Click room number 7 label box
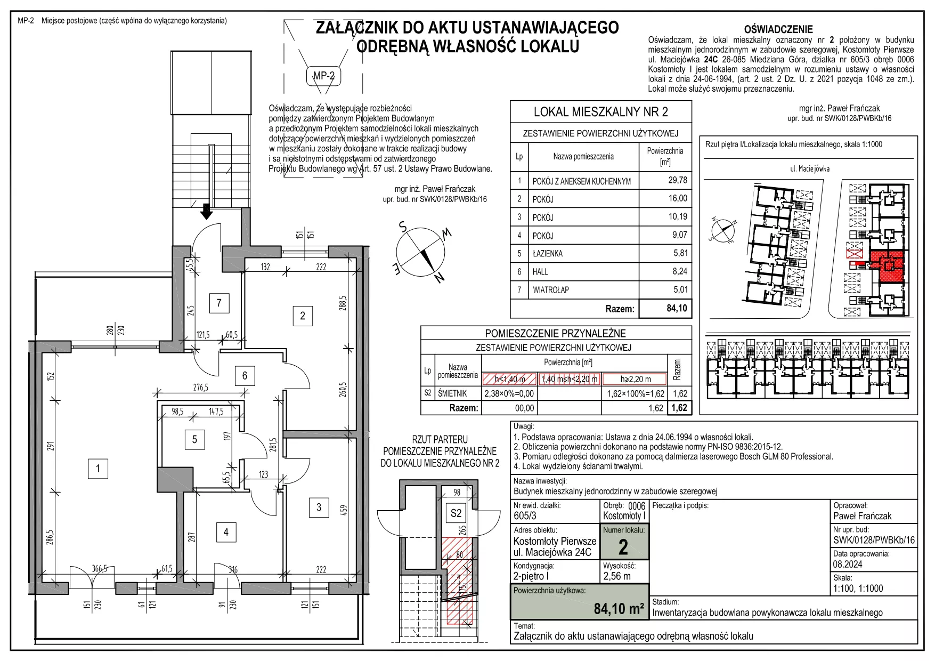(x=219, y=303)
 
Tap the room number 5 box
(x=194, y=439)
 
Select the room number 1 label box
(x=98, y=469)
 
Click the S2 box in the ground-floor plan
(x=456, y=513)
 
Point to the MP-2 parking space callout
(x=323, y=76)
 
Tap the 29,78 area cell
(x=678, y=180)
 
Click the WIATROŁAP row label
(x=551, y=290)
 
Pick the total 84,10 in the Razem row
(x=677, y=308)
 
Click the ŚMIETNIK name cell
(x=452, y=393)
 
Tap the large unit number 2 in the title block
(x=623, y=547)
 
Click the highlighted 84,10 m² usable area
(x=619, y=609)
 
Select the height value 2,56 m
(x=617, y=576)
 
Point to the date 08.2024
(x=848, y=565)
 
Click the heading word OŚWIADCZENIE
(x=778, y=30)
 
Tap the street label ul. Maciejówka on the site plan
(x=810, y=169)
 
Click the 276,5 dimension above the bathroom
(x=201, y=388)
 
